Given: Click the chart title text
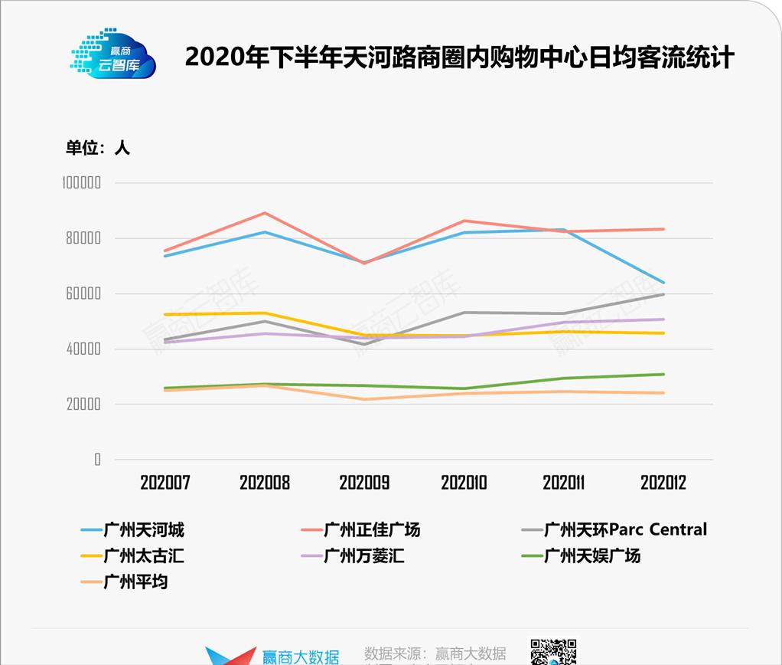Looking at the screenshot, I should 459,57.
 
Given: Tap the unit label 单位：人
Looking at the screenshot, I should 98,148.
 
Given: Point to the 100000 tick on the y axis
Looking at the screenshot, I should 82,183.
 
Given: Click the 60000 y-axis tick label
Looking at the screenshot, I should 83,293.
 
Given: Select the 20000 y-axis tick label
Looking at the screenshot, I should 83,404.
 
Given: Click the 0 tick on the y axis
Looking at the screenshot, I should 97,460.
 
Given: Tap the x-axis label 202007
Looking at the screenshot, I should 165,483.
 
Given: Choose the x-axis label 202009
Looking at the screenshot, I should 364,483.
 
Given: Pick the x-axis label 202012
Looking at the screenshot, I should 663,483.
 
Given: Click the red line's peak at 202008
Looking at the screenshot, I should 265,213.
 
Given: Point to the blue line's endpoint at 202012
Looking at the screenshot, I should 663,283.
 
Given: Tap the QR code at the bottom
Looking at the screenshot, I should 553,652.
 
